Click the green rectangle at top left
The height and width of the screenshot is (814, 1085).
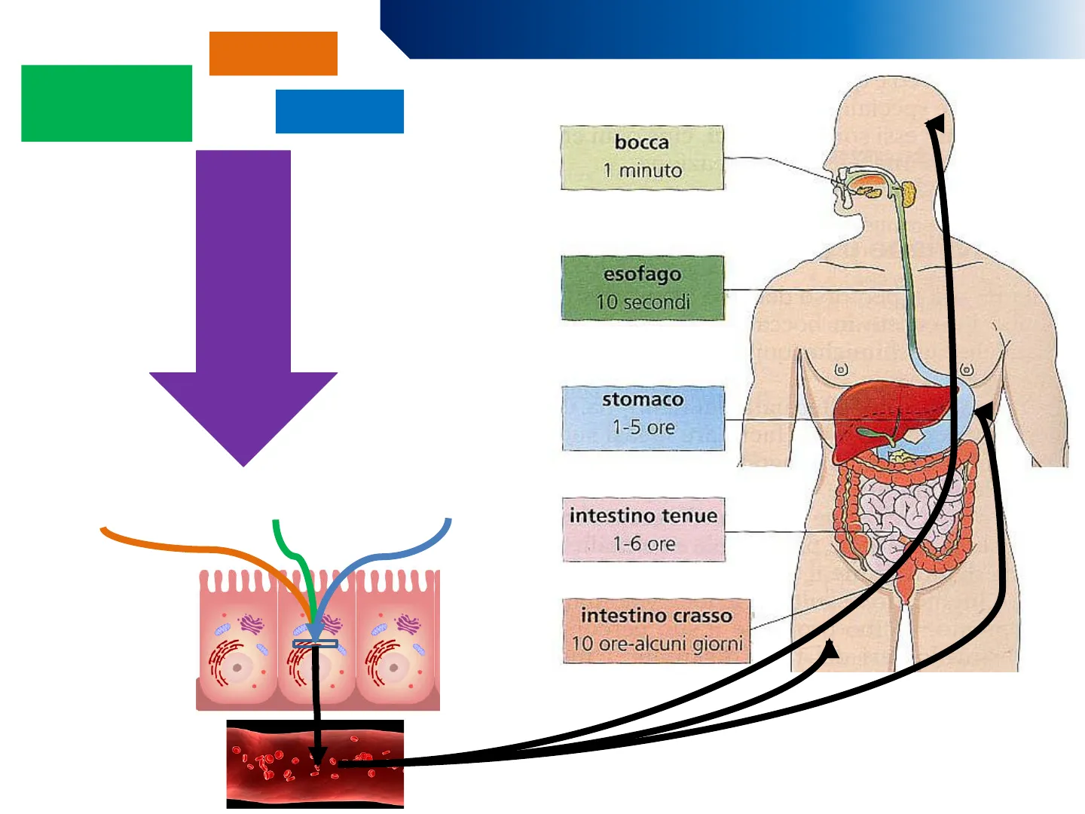[106, 103]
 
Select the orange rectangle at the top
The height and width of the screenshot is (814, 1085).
[273, 54]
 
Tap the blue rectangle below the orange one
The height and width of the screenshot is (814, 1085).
[339, 112]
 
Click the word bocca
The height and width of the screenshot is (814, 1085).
[641, 142]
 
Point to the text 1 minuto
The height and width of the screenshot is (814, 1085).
[642, 171]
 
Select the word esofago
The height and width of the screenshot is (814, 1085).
[642, 274]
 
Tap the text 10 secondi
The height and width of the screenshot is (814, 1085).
[643, 302]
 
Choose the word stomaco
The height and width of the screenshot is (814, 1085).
[643, 399]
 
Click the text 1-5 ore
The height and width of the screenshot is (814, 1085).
[643, 427]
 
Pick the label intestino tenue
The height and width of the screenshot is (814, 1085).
[643, 516]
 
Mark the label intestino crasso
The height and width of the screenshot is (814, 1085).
[656, 616]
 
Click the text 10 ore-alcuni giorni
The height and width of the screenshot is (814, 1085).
[657, 644]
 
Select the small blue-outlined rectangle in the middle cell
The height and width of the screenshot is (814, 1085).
[315, 644]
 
